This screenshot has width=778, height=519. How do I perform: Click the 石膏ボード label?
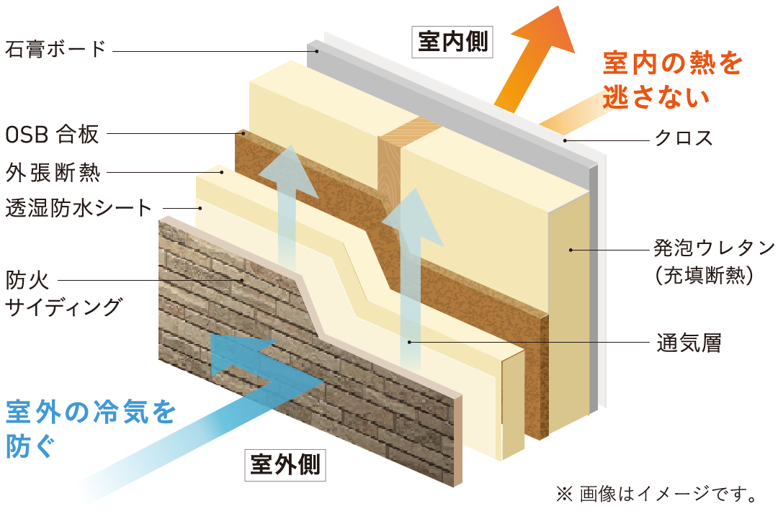click(x=55, y=50)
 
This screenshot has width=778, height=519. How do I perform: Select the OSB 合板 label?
click(x=51, y=133)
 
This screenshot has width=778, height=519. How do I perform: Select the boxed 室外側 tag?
click(x=285, y=464)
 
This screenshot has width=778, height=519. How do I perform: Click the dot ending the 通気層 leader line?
click(x=410, y=343)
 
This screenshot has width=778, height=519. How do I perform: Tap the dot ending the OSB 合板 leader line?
click(x=243, y=133)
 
